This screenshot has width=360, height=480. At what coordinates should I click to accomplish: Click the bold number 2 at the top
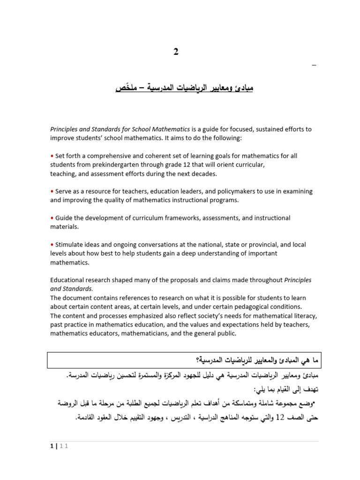click(x=176, y=52)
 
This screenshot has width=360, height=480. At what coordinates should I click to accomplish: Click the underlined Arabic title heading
click(x=184, y=88)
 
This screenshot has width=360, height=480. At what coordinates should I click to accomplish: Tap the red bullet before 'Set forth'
click(x=52, y=156)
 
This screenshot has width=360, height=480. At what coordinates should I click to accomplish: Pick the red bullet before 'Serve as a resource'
click(x=52, y=192)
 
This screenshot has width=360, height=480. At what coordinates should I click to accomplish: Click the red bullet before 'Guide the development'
click(x=52, y=218)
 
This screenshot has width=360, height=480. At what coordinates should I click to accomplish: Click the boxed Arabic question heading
click(x=184, y=360)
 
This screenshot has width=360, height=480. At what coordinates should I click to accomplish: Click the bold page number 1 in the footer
click(x=51, y=447)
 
